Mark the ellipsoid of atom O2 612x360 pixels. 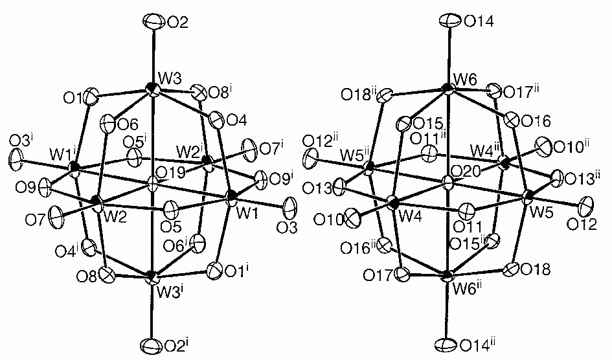[x=153, y=23]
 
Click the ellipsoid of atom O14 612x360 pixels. [x=446, y=21]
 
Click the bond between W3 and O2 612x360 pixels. [x=153, y=57]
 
